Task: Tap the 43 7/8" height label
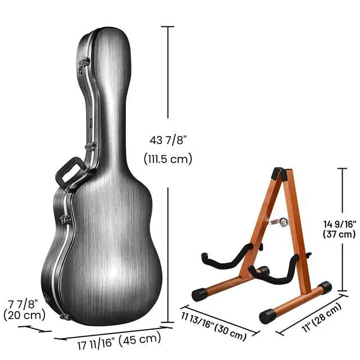tap(168, 140)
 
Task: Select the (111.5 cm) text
tap(168, 159)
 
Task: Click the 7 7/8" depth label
tap(22, 304)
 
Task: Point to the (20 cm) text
tap(24, 315)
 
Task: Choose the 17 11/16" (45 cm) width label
tap(119, 341)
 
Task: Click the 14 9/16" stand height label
tap(340, 224)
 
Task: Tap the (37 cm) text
tap(339, 234)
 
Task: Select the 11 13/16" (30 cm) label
tap(214, 326)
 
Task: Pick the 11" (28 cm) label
tap(322, 317)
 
